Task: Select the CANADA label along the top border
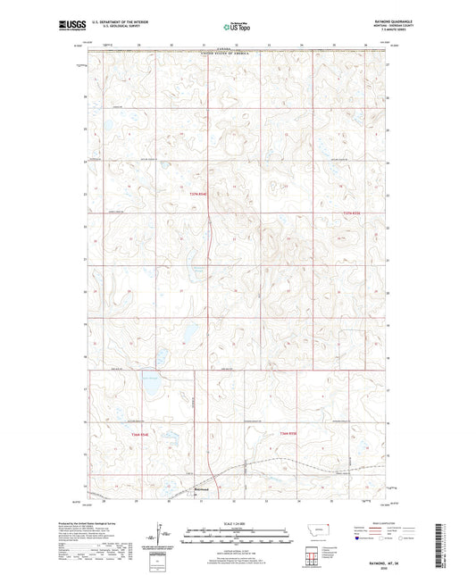(x=237, y=51)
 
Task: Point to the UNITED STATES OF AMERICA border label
(x=237, y=54)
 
